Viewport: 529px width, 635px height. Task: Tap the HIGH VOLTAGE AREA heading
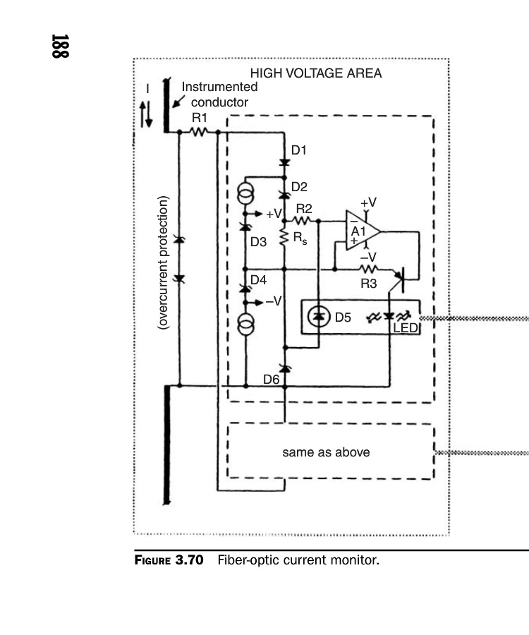(316, 73)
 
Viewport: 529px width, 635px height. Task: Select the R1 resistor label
(199, 117)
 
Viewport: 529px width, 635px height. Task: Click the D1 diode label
(299, 150)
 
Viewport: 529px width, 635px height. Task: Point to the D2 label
(299, 187)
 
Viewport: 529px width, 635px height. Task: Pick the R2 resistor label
(304, 209)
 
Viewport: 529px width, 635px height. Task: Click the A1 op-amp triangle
(361, 231)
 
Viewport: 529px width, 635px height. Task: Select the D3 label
(259, 241)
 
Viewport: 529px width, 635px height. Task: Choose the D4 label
(258, 280)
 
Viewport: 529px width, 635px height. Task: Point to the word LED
(405, 328)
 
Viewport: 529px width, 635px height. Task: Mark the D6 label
(272, 380)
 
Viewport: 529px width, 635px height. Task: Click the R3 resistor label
(368, 284)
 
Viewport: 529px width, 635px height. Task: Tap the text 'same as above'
(326, 452)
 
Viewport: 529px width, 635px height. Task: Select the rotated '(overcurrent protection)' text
(163, 263)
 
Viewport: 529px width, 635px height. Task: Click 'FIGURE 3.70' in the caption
(169, 561)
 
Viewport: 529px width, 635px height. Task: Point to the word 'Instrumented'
(219, 87)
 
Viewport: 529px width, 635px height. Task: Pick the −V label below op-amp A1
(367, 256)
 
